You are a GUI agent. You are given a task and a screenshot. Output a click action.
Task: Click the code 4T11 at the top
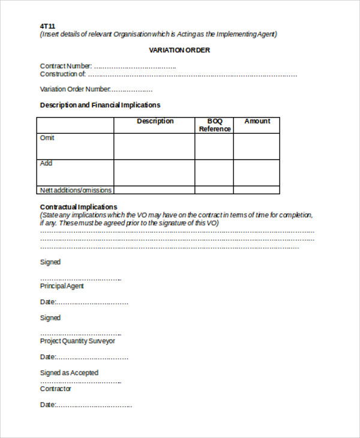pyautogui.click(x=48, y=26)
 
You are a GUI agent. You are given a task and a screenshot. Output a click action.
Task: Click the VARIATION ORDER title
pyautogui.click(x=179, y=50)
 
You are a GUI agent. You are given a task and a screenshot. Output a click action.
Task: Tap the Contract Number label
pyautogui.click(x=66, y=66)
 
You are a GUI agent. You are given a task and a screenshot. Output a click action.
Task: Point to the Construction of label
pyautogui.click(x=62, y=74)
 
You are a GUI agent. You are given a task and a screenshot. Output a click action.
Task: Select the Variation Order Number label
pyautogui.click(x=75, y=89)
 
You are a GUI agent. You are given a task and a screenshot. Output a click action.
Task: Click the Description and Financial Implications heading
pyautogui.click(x=100, y=105)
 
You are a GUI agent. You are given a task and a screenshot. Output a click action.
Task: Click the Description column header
pyautogui.click(x=155, y=121)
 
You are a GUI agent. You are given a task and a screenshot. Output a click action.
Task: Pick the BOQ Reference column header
pyautogui.click(x=214, y=125)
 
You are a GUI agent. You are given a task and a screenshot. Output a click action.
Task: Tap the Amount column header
pyautogui.click(x=257, y=121)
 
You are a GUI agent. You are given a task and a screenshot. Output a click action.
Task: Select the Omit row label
pyautogui.click(x=47, y=138)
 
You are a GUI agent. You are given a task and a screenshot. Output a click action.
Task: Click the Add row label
pyautogui.click(x=46, y=163)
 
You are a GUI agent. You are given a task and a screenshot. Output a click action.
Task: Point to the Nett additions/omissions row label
pyautogui.click(x=76, y=190)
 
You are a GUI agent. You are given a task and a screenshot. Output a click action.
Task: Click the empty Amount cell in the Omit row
pyautogui.click(x=257, y=146)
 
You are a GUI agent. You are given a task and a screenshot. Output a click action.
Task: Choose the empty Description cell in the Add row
pyautogui.click(x=154, y=173)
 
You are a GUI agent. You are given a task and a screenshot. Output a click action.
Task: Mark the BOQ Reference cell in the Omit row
pyautogui.click(x=214, y=146)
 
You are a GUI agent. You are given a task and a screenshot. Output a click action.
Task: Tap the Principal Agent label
pyautogui.click(x=62, y=286)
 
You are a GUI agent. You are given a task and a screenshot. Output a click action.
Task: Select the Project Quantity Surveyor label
pyautogui.click(x=77, y=341)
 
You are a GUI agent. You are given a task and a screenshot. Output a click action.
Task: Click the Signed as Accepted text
pyautogui.click(x=69, y=373)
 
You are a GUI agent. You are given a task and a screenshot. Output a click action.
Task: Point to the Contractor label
pyautogui.click(x=55, y=389)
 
